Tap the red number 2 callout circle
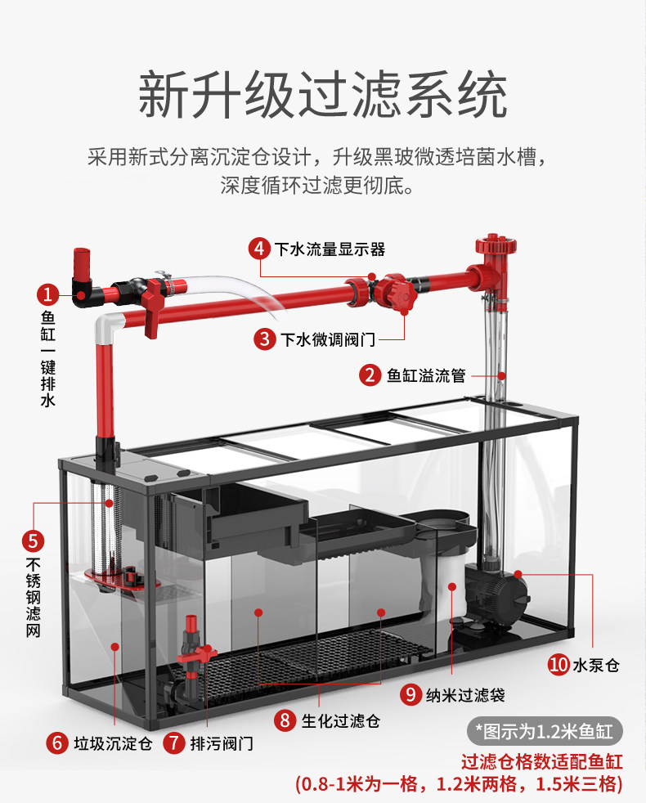click(371, 375)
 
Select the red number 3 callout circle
click(264, 338)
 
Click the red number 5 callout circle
click(33, 541)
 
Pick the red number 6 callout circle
click(57, 743)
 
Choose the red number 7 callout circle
click(174, 743)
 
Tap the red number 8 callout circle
click(285, 721)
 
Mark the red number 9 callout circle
click(410, 695)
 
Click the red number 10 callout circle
click(559, 665)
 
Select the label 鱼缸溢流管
click(426, 375)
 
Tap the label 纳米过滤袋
click(464, 695)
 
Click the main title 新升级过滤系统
click(322, 96)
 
